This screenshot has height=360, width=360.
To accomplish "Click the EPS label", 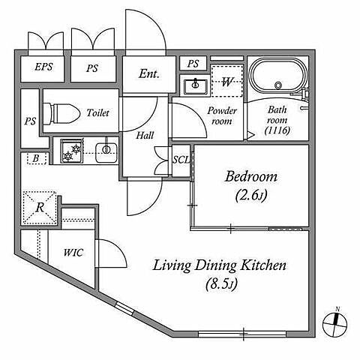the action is click(x=43, y=67).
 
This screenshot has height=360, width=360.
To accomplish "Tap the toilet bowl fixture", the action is click(x=61, y=113).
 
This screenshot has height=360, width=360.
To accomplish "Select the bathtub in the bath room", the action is click(x=277, y=75).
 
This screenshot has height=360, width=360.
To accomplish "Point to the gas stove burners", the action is click(x=72, y=151).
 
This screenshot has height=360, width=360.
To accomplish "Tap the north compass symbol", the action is click(x=334, y=324).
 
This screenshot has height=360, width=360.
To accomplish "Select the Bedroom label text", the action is click(x=251, y=176).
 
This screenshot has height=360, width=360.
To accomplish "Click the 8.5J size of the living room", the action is click(x=221, y=283).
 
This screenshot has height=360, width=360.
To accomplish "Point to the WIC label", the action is click(x=73, y=253).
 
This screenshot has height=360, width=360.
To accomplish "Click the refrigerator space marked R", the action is click(x=39, y=208).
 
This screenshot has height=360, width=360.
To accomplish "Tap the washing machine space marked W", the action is click(x=227, y=81).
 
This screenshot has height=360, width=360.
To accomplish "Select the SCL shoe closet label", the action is click(x=181, y=160).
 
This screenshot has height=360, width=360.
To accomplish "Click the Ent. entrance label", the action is click(x=149, y=73).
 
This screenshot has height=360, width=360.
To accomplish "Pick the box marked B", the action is click(x=36, y=158).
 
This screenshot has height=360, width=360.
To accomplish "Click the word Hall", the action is click(x=145, y=136).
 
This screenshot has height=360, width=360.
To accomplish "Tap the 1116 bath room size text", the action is click(x=277, y=130).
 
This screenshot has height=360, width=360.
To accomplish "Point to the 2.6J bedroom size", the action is click(x=251, y=195).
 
